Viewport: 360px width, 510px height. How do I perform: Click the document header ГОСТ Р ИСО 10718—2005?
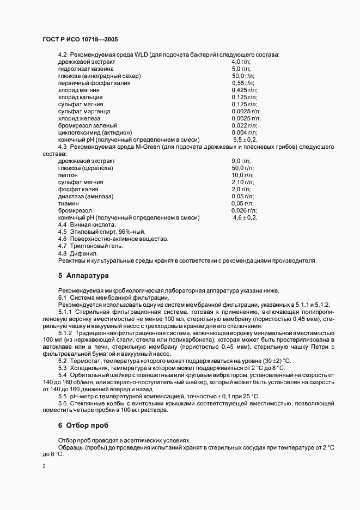pos(80,40)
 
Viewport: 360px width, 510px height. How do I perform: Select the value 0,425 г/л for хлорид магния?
pos(244,90)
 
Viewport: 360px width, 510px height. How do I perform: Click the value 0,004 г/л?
pos(245,132)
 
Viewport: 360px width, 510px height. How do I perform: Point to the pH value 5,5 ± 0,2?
pos(245,139)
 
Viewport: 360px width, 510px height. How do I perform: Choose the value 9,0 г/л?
pos(241,161)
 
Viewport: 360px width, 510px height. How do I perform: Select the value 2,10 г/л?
pos(242,182)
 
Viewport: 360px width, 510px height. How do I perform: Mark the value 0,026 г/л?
pos(245,210)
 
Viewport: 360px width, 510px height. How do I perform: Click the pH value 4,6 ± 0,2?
pos(245,217)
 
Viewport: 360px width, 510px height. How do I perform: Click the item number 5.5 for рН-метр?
pos(63,396)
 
